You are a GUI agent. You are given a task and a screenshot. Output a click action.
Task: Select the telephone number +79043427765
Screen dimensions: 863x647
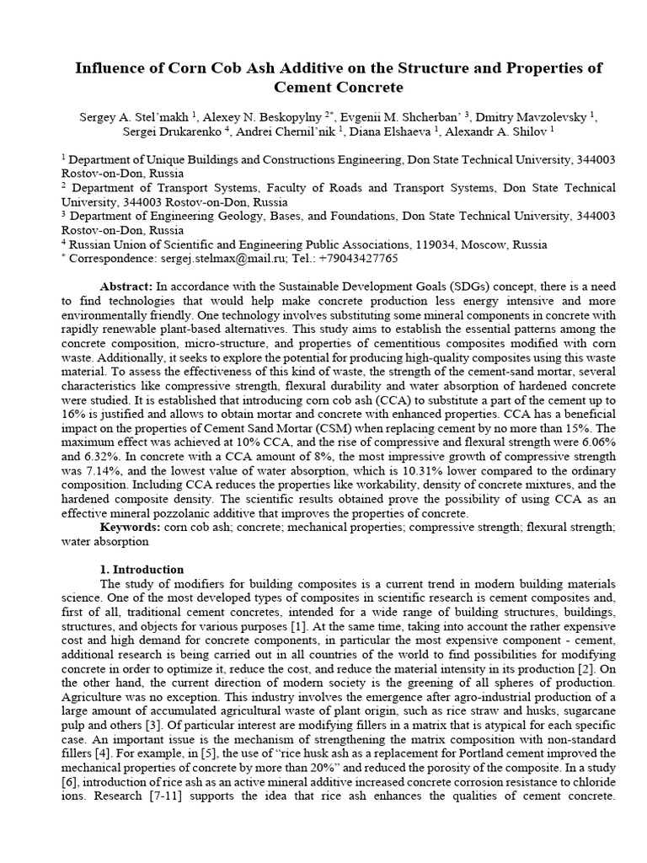pyautogui.click(x=358, y=259)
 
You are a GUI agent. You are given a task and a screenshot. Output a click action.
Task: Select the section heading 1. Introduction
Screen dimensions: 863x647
pyautogui.click(x=143, y=569)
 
